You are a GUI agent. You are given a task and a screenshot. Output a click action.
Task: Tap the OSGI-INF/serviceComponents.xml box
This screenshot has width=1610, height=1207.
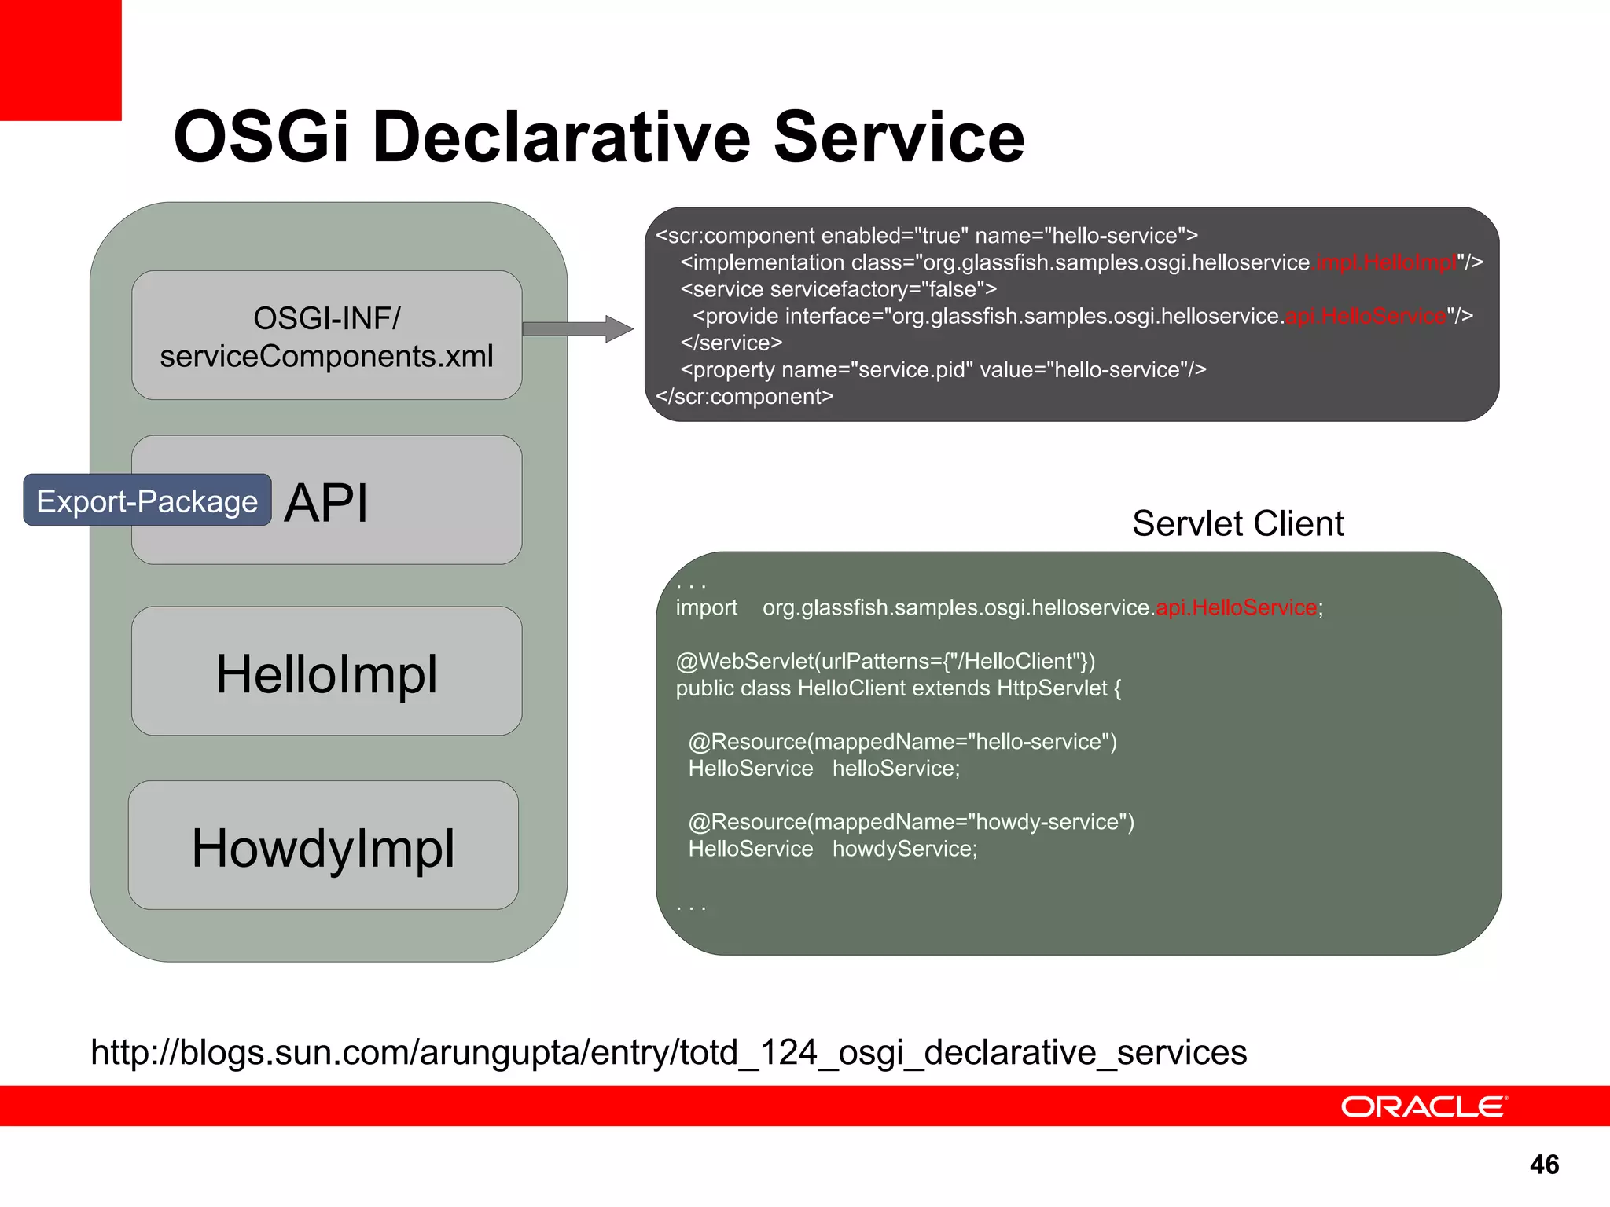pyautogui.click(x=326, y=336)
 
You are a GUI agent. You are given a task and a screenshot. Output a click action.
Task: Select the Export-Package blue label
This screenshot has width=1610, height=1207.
pyautogui.click(x=147, y=501)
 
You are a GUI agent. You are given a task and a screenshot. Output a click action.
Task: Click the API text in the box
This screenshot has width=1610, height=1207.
pyautogui.click(x=326, y=503)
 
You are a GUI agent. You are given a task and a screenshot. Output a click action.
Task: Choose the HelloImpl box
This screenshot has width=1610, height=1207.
pyautogui.click(x=326, y=673)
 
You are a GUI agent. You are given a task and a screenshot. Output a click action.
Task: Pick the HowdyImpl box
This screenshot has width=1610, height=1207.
pyautogui.click(x=323, y=847)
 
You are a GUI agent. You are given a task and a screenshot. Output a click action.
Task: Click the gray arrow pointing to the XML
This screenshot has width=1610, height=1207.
pyautogui.click(x=578, y=328)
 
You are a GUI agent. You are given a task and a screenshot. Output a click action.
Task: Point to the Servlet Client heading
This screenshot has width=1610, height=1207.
pyautogui.click(x=1237, y=523)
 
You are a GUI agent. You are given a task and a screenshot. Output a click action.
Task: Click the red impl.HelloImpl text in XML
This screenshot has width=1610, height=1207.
pyautogui.click(x=1385, y=262)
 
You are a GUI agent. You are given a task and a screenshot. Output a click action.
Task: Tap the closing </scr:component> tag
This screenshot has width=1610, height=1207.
pyautogui.click(x=744, y=397)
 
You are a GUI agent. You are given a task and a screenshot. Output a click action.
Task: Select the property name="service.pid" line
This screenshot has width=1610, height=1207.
pyautogui.click(x=943, y=369)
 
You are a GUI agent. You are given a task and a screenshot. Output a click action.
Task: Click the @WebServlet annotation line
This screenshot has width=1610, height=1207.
pyautogui.click(x=885, y=661)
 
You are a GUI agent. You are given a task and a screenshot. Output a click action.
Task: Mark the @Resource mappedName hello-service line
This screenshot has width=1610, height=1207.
pyautogui.click(x=902, y=741)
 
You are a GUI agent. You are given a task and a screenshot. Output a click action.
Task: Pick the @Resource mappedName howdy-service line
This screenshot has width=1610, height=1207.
pyautogui.click(x=911, y=822)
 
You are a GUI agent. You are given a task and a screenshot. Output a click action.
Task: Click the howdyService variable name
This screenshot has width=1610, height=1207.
pyautogui.click(x=905, y=849)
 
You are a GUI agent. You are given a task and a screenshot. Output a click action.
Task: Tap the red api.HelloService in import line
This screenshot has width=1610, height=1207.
pyautogui.click(x=1237, y=607)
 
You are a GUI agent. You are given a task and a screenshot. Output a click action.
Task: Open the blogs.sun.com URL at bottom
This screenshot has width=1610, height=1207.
pyautogui.click(x=668, y=1052)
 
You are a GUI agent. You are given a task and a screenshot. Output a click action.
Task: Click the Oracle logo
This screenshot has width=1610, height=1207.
pyautogui.click(x=1424, y=1106)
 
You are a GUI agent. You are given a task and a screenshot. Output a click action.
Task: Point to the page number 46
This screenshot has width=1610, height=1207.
pyautogui.click(x=1544, y=1165)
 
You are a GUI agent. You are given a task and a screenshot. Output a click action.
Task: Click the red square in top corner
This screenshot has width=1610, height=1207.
pyautogui.click(x=60, y=60)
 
